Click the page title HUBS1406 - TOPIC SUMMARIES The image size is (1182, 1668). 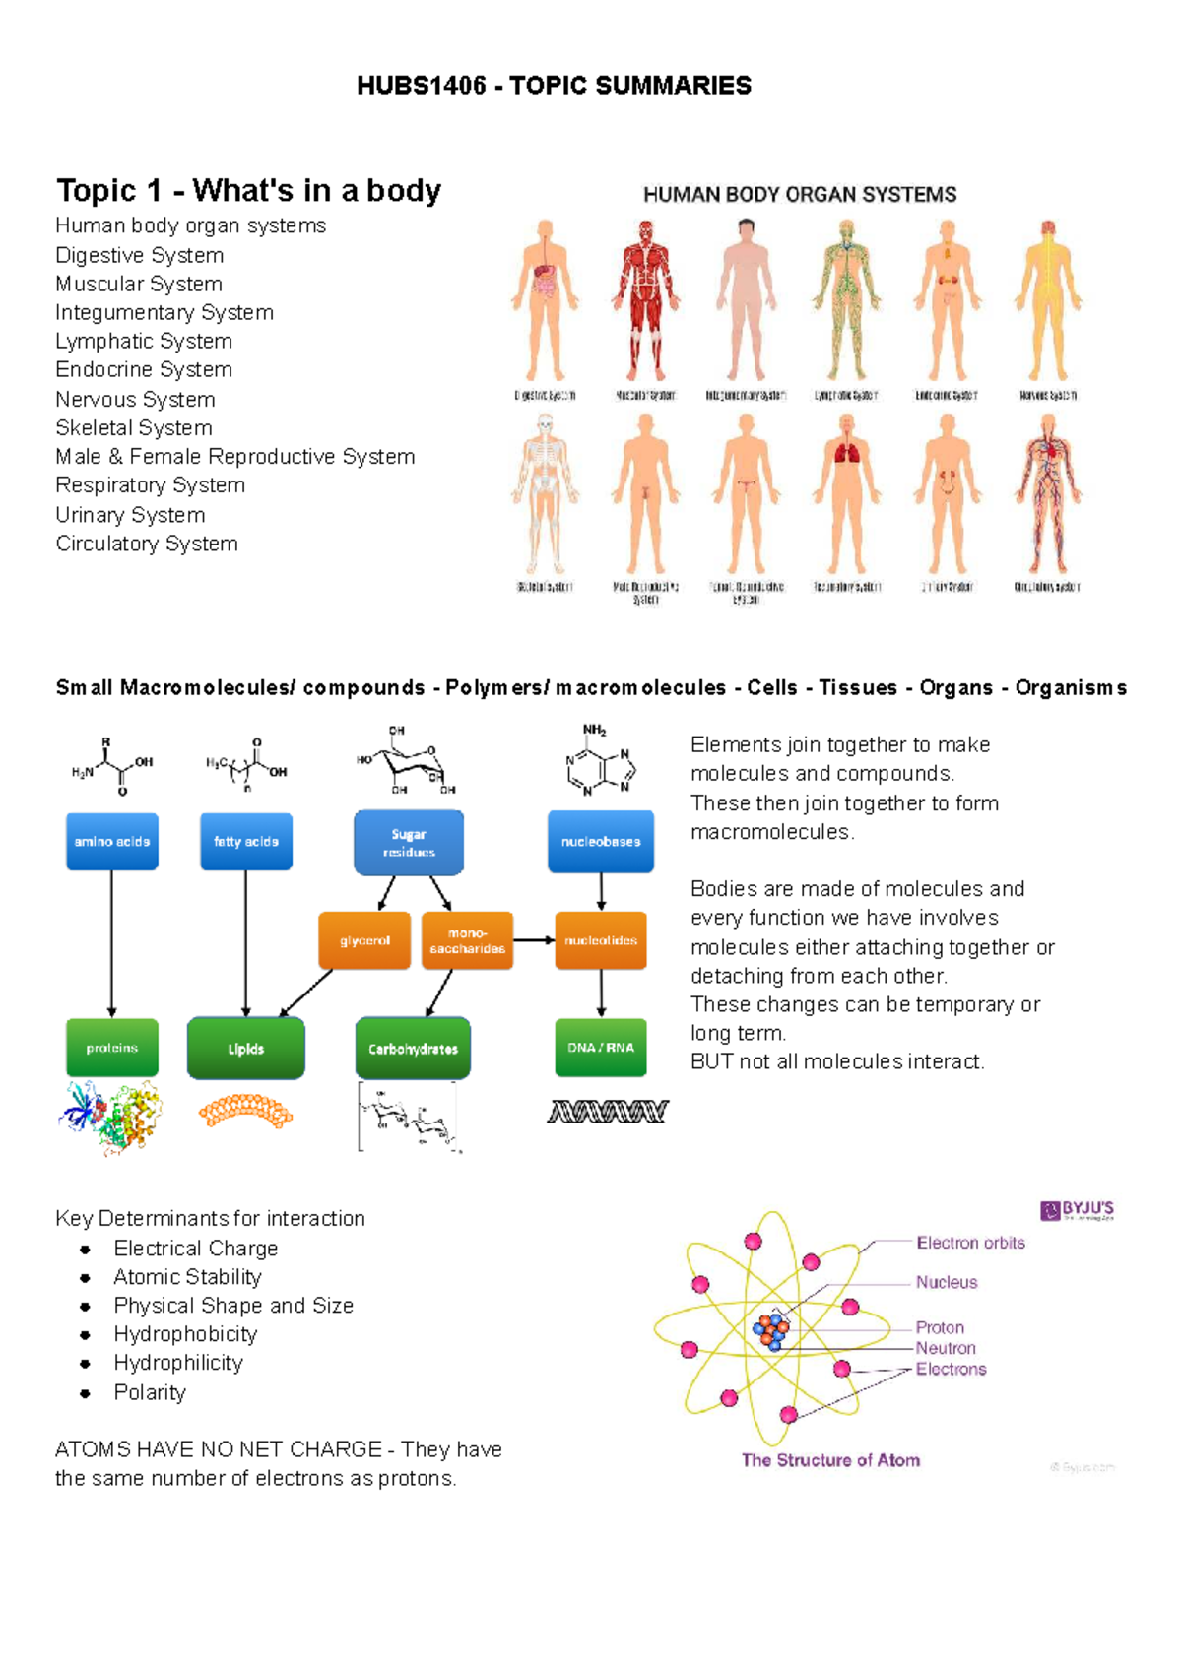coord(554,86)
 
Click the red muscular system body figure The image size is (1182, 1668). coord(645,300)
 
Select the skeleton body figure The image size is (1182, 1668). coord(544,492)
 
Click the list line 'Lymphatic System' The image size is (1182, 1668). coord(144,341)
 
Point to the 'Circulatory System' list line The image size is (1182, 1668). coord(147,544)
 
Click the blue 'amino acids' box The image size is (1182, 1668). coord(112,842)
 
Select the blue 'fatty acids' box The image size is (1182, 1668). coord(246,842)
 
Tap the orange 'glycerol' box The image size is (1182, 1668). coord(364,941)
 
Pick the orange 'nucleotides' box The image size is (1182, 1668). coord(601,941)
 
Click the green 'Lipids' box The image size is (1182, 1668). coord(246,1049)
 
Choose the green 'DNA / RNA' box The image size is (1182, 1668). coord(601,1048)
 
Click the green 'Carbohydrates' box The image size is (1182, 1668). coord(413,1049)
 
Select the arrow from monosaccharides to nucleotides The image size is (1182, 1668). coord(534,940)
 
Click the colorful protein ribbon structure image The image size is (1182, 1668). coord(110,1118)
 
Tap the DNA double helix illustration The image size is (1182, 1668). coord(608,1112)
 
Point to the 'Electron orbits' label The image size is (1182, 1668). coord(970,1243)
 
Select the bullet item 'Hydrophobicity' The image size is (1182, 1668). coord(185,1334)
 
